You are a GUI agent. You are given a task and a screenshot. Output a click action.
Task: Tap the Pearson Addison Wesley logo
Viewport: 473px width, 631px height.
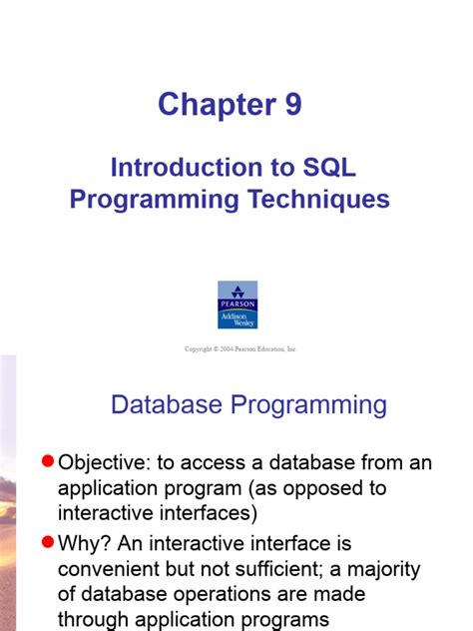(x=237, y=305)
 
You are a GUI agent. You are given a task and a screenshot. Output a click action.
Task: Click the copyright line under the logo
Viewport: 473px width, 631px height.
(x=240, y=349)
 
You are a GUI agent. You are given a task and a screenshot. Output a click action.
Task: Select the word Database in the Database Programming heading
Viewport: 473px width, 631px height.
(x=171, y=404)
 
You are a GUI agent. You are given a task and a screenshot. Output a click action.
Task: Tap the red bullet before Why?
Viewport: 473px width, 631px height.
(x=46, y=543)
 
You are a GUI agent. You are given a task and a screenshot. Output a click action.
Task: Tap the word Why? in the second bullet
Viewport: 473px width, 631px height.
(x=85, y=544)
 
